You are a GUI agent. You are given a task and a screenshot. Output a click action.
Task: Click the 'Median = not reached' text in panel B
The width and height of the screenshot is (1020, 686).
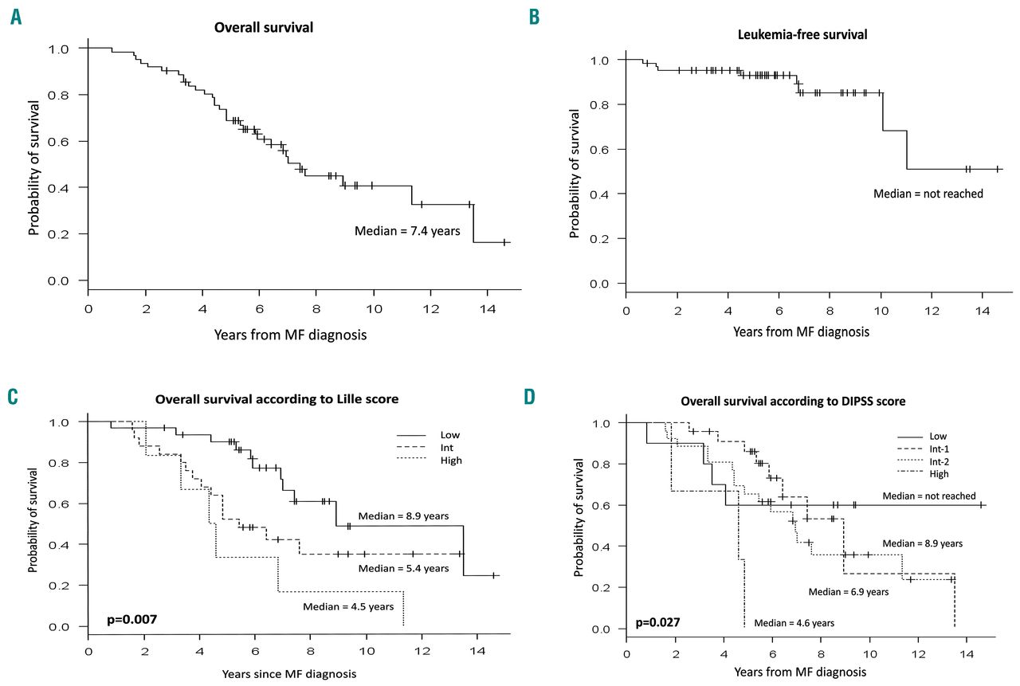click(928, 194)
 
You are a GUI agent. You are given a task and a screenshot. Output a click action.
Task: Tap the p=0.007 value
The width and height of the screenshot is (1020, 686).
click(131, 618)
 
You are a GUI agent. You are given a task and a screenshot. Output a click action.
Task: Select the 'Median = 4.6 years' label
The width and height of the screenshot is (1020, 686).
click(794, 623)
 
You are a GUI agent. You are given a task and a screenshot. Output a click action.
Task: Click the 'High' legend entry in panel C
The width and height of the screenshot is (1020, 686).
click(450, 461)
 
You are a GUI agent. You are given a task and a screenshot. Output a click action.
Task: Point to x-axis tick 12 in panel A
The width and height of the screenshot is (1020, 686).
click(431, 308)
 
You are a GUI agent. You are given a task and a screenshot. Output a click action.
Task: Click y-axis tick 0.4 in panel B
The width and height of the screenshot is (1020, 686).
click(602, 194)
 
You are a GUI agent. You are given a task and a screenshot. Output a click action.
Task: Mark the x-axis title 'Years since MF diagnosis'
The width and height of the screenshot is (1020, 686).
click(222, 672)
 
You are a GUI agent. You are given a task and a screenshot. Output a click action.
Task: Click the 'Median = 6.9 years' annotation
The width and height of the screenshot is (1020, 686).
click(848, 592)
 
